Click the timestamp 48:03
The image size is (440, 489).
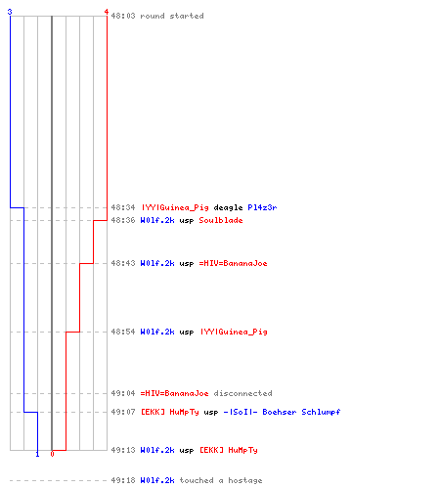[123, 16]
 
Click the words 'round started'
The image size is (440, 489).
[172, 16]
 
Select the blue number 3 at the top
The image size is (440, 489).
[10, 12]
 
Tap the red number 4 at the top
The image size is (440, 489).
[107, 12]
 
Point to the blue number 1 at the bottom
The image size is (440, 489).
[37, 454]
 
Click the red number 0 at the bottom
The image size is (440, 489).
[52, 454]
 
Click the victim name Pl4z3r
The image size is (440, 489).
[262, 207]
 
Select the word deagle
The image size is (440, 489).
[228, 207]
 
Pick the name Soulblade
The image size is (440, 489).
[221, 220]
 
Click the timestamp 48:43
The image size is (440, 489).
[123, 263]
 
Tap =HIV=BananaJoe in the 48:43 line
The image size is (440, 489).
[233, 263]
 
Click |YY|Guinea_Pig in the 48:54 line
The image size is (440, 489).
[234, 332]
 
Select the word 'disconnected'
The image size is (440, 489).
[242, 393]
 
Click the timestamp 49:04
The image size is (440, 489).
[123, 393]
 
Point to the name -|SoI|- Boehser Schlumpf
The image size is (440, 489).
[282, 412]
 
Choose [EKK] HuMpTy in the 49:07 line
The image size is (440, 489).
[169, 412]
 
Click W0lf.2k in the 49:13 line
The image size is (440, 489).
[157, 450]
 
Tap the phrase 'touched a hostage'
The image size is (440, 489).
[221, 480]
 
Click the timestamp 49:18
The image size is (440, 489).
[123, 480]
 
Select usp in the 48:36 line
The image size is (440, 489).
[187, 221]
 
